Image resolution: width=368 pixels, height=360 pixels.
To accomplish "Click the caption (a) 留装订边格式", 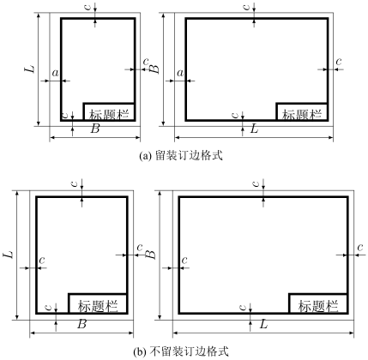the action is coord(181,156).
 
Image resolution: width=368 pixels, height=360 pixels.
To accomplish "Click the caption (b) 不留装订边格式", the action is coord(182,351).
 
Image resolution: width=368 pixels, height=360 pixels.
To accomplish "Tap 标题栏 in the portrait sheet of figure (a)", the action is coord(109,115).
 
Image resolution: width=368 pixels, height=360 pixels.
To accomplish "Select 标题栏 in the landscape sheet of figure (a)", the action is coord(302,115).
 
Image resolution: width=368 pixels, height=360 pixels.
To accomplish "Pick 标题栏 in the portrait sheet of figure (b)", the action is coord(98,306).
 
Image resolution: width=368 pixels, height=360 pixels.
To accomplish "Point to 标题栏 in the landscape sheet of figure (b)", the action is coord(318,306).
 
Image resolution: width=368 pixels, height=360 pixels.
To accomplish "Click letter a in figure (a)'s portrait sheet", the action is coord(55,74).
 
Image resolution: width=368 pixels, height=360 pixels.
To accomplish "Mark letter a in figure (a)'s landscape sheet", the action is coord(180,74).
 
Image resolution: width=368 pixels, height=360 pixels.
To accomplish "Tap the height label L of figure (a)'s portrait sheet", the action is coord(31,69).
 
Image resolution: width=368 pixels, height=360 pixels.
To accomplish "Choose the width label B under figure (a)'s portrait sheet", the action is coord(95,129).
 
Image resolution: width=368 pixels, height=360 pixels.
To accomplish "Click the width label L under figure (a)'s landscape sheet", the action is coord(254,129).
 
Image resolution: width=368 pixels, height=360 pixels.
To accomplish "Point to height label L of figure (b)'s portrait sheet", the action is coord(9,255).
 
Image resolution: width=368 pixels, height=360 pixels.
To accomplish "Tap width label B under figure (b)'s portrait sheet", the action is coord(82,324).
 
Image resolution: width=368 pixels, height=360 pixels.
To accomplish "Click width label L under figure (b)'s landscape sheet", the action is coord(263,324).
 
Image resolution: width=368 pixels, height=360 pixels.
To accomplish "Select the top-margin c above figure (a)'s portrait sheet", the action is coord(88,6).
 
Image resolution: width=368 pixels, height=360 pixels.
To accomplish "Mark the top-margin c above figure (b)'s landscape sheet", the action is coord(256,183).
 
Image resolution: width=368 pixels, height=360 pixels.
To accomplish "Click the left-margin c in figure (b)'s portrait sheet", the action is coord(42,261).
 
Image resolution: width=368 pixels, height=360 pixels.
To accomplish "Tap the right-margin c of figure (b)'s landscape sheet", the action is coord(360,247).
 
